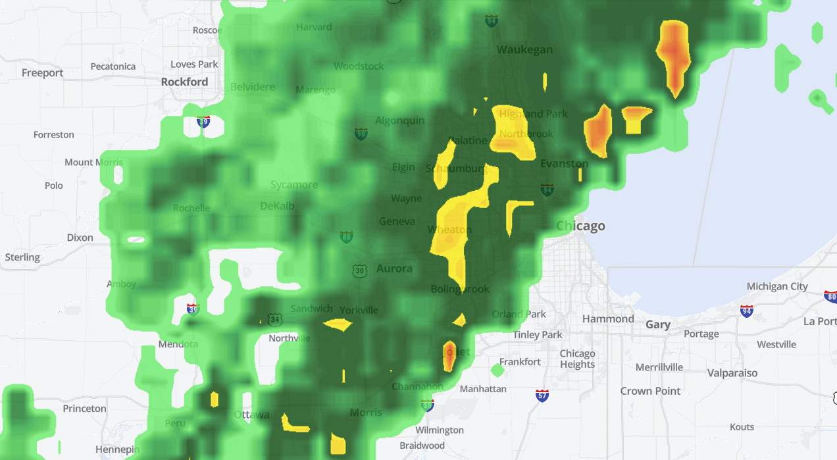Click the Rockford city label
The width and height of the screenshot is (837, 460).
coord(184,82)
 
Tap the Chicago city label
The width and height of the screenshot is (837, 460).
coord(581,226)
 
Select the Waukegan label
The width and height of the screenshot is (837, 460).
coord(524,50)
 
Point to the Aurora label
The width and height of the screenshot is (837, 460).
coord(394,268)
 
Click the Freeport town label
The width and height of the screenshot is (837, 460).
coord(43,73)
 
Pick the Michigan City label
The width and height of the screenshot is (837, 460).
coord(777,286)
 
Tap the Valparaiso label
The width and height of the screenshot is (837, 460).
coord(732,373)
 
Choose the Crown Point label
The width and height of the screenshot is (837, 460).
coord(650,391)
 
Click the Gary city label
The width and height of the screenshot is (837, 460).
coord(658,324)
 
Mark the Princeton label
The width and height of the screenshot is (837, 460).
coord(84,409)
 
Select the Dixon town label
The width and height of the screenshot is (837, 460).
coord(80,238)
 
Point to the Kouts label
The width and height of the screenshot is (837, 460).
coord(742,427)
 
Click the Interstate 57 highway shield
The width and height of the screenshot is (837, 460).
coord(542,396)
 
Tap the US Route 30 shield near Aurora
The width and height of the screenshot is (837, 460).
coord(359,270)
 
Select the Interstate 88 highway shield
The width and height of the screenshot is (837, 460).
coord(346,236)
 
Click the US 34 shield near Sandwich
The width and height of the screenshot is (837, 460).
coord(274,320)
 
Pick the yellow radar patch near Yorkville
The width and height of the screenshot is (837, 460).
coord(338,324)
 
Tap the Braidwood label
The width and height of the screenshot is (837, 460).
coord(422,446)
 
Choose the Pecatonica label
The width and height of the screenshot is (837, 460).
coord(113,66)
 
